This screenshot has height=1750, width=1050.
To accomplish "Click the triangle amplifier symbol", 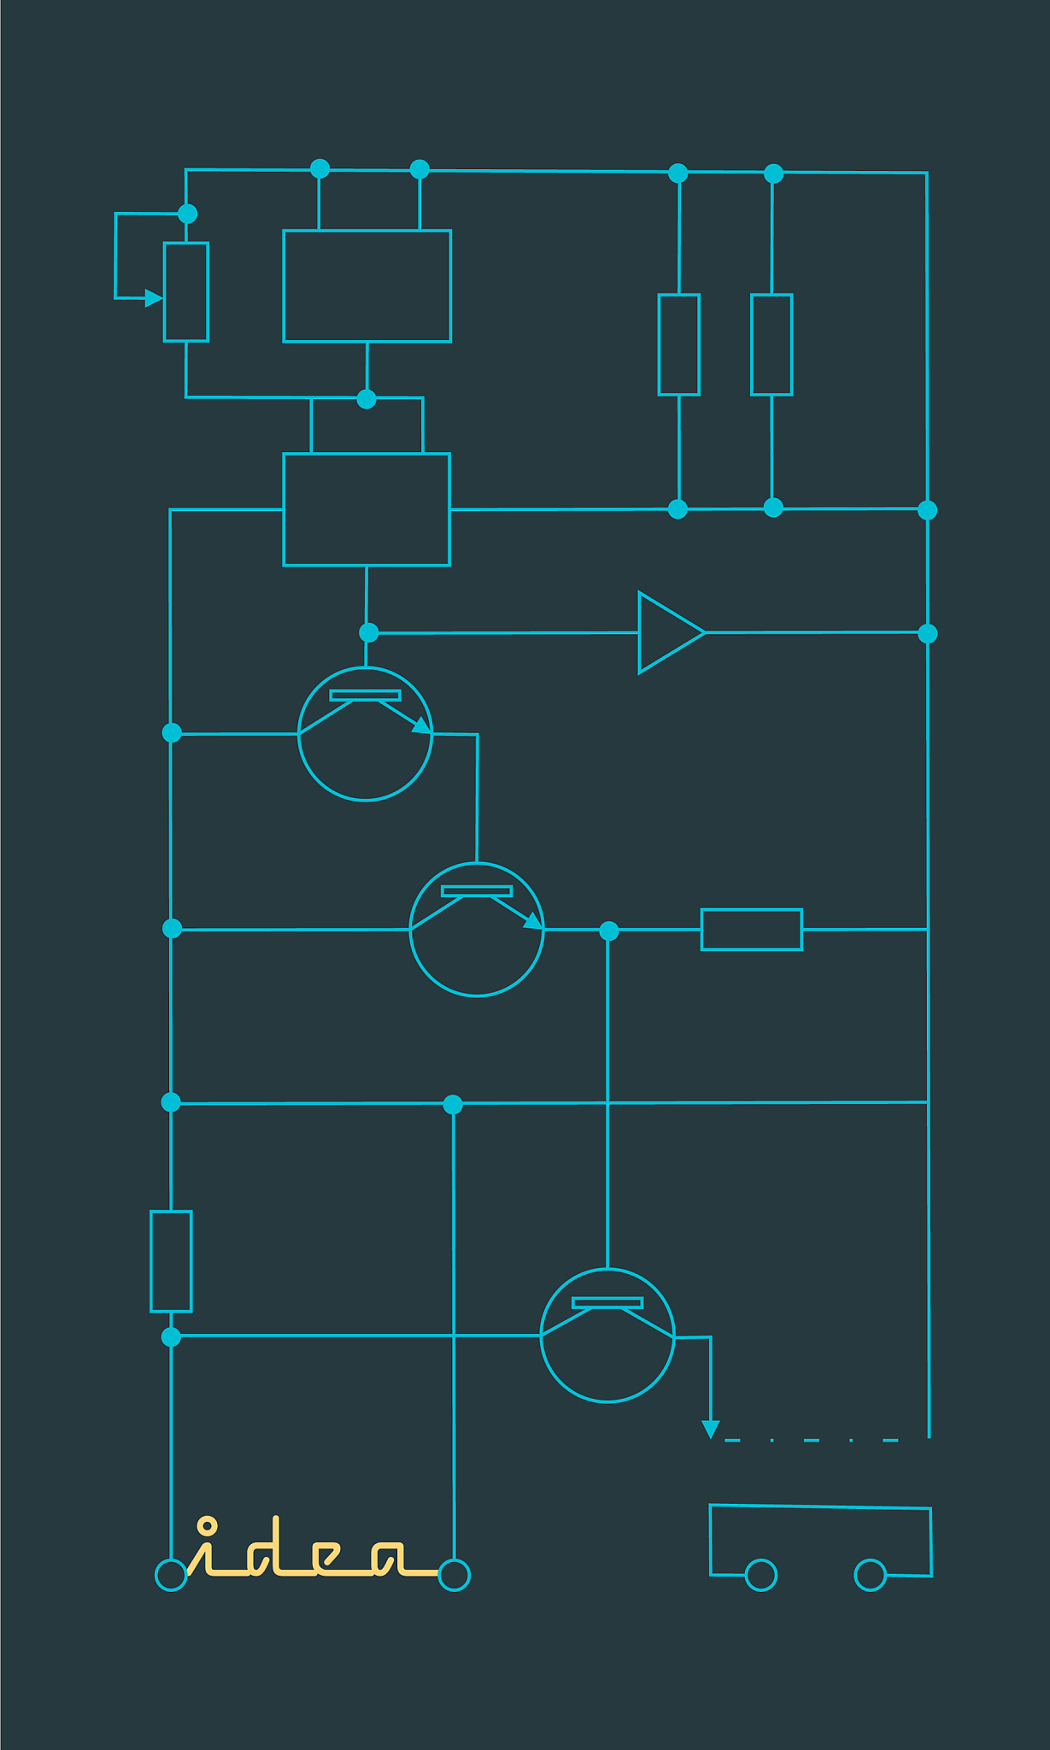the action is [672, 632].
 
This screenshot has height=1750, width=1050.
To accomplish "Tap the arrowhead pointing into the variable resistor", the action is [154, 298].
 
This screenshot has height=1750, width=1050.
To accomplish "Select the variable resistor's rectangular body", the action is [186, 292].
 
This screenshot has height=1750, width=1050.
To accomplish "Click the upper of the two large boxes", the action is [367, 286].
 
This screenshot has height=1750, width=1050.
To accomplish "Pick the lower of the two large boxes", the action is [367, 509].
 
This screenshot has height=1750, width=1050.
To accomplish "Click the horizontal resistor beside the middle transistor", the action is [752, 930].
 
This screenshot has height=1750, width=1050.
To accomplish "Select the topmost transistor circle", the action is [366, 734].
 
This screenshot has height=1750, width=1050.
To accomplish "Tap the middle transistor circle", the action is [477, 930].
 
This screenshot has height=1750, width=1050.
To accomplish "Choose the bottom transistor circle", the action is [607, 1336].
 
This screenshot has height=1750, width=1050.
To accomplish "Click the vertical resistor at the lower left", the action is [171, 1261].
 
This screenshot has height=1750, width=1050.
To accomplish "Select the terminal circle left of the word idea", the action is [171, 1575].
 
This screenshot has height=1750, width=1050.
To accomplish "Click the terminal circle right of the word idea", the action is [454, 1574].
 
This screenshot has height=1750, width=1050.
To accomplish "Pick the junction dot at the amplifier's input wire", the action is [368, 633].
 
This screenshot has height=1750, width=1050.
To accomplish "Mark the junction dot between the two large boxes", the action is [367, 399].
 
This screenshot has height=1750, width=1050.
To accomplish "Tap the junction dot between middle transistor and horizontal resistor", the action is [608, 931].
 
